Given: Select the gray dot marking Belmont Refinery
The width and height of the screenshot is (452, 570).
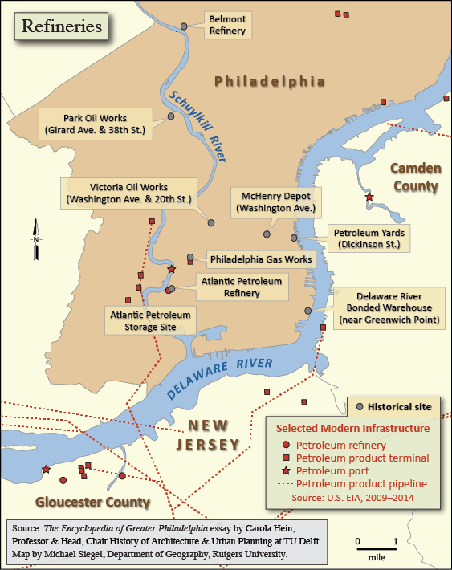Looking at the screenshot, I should tap(184, 26).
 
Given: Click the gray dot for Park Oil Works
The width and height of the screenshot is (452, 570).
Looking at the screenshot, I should tap(171, 116).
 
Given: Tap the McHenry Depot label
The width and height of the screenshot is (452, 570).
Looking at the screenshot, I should tap(275, 202).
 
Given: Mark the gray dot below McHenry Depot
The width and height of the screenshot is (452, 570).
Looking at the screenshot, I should tap(267, 234).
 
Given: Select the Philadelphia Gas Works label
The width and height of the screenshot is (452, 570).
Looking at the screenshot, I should tap(260, 259).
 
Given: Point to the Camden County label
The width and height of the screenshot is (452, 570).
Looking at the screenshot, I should tap(415, 177).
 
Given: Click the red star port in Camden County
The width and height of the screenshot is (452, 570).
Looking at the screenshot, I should tap(369, 197).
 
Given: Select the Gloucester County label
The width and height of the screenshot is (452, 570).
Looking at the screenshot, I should tap(92, 503).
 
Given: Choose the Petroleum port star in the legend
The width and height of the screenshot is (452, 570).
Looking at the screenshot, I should tap(287, 470).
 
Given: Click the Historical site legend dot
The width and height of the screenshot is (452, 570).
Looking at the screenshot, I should tap(359, 407).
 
